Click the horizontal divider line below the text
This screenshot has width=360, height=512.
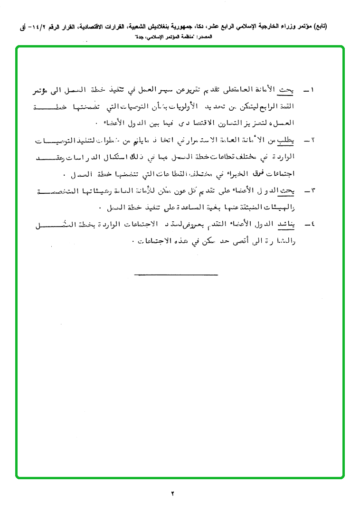[x=176, y=274]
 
